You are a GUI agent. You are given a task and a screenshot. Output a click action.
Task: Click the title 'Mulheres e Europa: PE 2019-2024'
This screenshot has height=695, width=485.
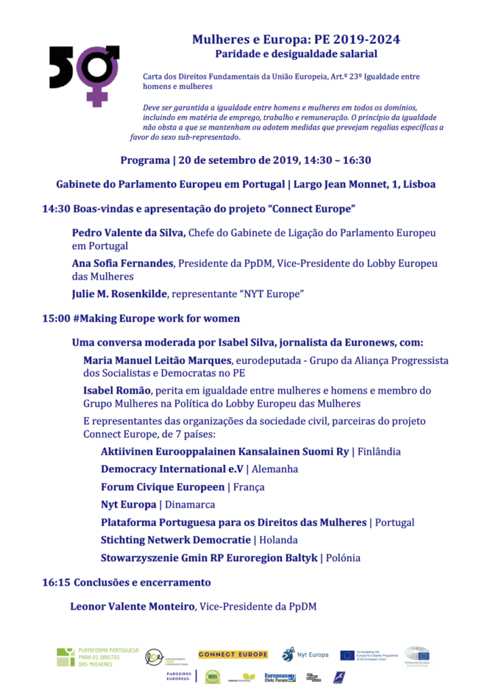(x=295, y=39)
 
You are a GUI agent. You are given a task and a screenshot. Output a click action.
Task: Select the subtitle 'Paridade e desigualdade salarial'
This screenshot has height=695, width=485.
(x=295, y=54)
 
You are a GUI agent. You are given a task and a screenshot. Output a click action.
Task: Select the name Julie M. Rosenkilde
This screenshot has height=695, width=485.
(x=120, y=294)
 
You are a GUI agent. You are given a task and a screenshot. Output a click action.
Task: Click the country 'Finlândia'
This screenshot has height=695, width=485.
(x=379, y=451)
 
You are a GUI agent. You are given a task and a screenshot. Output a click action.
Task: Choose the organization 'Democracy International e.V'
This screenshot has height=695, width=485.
(x=172, y=469)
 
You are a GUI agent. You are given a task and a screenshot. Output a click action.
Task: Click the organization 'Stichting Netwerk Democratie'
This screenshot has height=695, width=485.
(x=175, y=540)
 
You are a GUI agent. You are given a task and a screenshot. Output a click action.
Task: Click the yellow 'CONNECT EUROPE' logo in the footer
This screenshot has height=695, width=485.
(x=233, y=655)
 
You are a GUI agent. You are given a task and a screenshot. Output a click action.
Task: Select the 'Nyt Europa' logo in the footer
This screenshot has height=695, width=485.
(x=306, y=654)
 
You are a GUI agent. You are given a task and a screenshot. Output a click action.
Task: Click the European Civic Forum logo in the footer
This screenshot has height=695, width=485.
(x=280, y=677)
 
